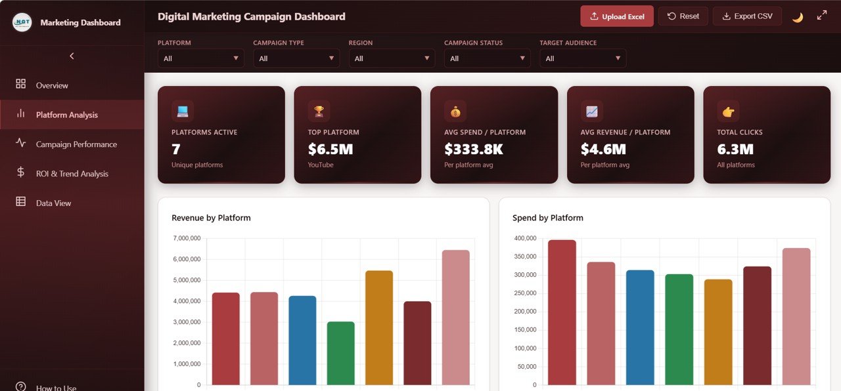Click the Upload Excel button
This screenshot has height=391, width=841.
click(x=617, y=16)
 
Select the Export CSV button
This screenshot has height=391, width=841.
click(x=747, y=16)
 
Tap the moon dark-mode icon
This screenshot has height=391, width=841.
click(x=798, y=17)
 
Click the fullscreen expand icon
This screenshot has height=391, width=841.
click(x=822, y=16)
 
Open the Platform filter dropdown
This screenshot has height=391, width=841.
click(x=200, y=58)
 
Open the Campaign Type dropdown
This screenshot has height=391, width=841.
click(x=296, y=58)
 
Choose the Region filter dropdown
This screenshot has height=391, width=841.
click(x=392, y=58)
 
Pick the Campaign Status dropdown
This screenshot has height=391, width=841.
click(x=487, y=58)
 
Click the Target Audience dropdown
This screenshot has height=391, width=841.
click(x=583, y=58)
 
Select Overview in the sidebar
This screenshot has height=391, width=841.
click(x=52, y=85)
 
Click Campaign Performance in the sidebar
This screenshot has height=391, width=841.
click(x=76, y=144)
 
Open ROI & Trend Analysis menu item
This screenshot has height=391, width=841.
click(x=72, y=174)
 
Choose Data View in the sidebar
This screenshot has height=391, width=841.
click(x=53, y=203)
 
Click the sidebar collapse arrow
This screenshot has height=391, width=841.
click(x=72, y=56)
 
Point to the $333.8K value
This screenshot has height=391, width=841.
click(x=473, y=150)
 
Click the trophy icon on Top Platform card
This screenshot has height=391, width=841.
click(x=319, y=112)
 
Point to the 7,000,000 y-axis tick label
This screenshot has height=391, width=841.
click(x=187, y=238)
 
